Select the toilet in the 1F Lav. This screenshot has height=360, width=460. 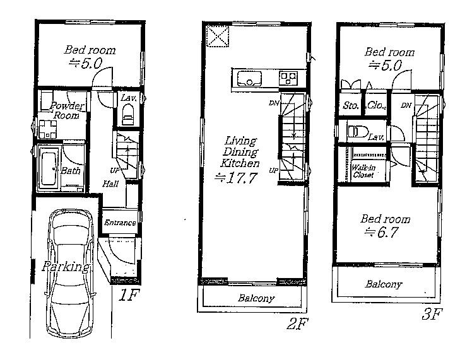pos(128,116)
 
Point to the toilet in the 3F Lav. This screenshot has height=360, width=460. pos(357,132)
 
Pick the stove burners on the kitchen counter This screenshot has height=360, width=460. pos(288,78)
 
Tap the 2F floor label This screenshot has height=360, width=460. pos(297,325)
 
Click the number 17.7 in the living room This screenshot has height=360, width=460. pos(239,178)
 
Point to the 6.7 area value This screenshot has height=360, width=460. pos(386,231)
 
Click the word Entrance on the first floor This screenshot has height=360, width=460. pos(119,223)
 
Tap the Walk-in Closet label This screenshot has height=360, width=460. pos(363,171)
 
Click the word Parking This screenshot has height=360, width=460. pos(64,267)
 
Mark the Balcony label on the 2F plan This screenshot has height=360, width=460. pos(256,298)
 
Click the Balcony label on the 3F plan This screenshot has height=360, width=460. pos(383,284)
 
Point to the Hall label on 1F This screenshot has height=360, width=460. pos(111,183)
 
